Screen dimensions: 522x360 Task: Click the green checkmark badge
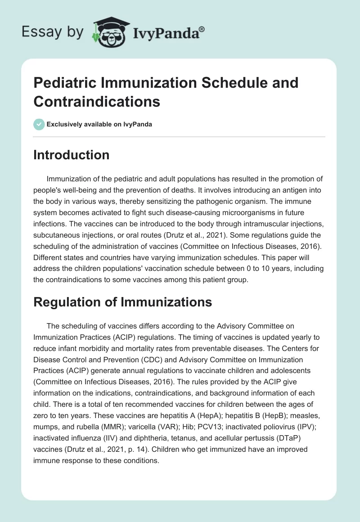[x=39, y=124]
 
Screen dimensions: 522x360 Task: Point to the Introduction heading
[x=72, y=155]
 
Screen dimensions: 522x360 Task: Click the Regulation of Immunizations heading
[x=122, y=302]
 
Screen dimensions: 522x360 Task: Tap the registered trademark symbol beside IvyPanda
[x=202, y=28]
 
